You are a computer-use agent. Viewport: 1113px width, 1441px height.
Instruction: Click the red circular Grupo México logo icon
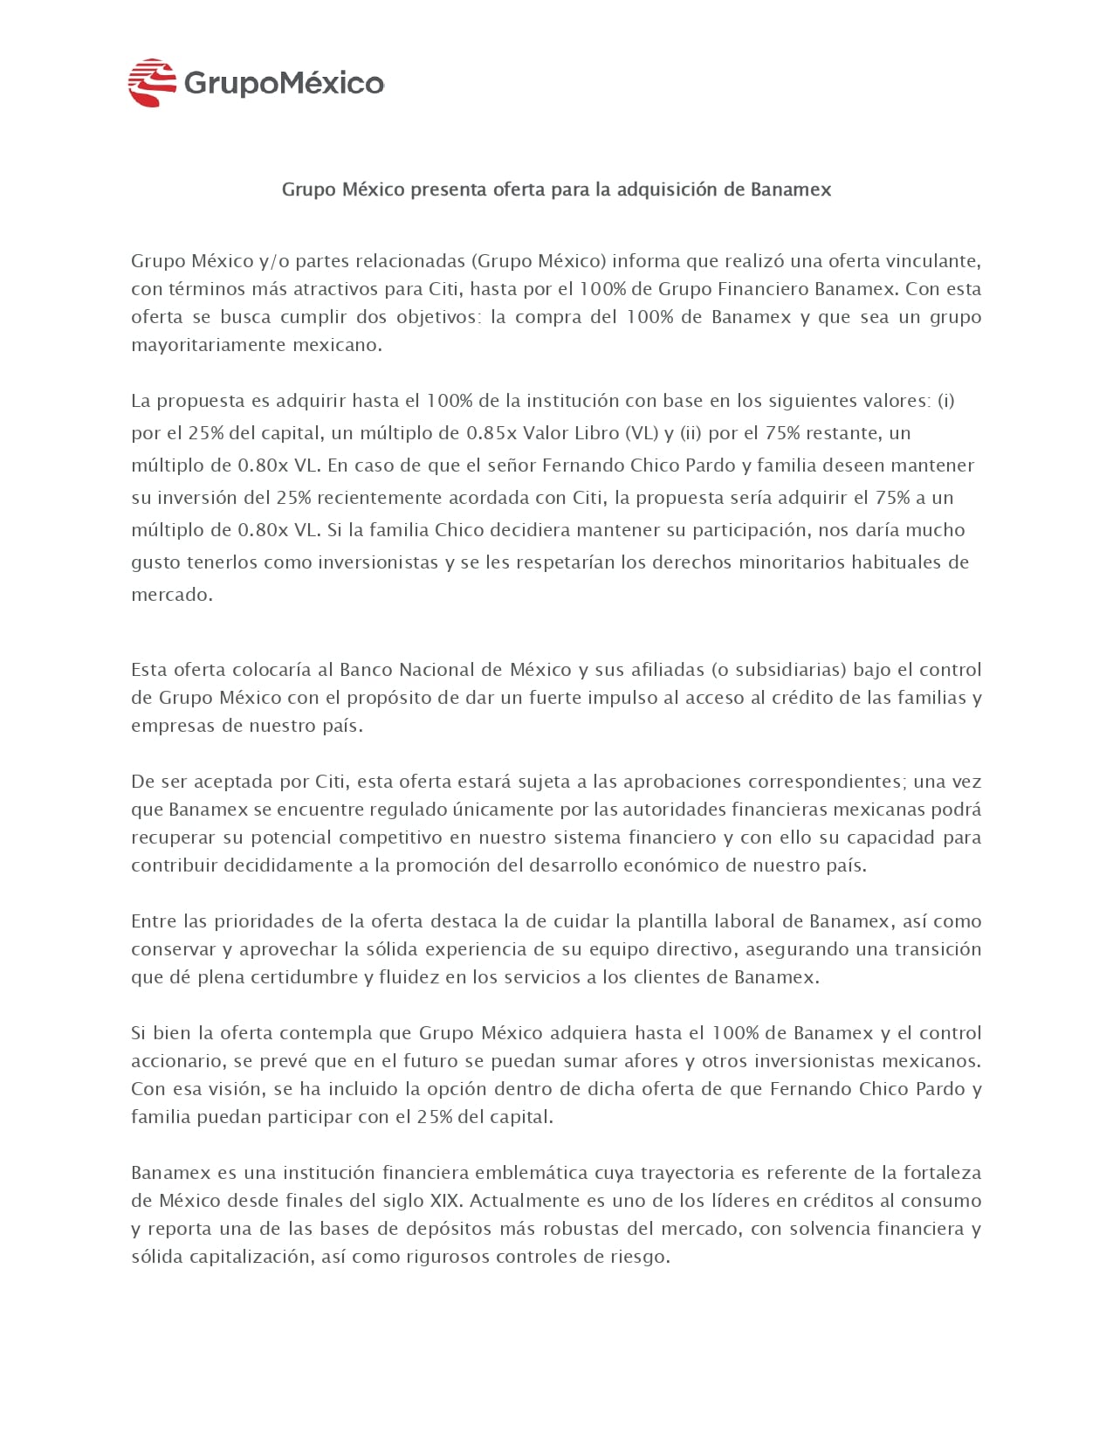pos(152,83)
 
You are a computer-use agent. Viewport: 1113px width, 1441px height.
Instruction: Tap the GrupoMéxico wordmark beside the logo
pos(284,84)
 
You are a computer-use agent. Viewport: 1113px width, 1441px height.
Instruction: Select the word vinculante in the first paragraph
pos(933,260)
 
